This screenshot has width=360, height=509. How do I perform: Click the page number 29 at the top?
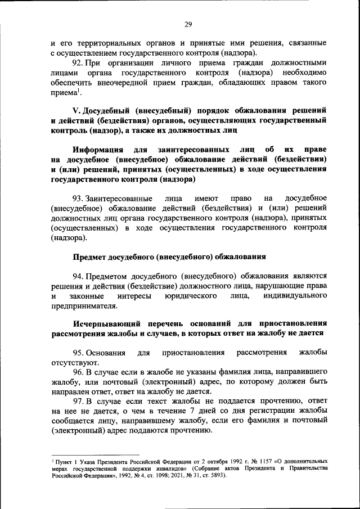188,24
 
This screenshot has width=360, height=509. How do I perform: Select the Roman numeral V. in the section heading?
78,110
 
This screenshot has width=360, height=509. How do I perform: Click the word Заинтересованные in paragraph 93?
118,199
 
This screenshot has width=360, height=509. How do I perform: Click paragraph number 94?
79,277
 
